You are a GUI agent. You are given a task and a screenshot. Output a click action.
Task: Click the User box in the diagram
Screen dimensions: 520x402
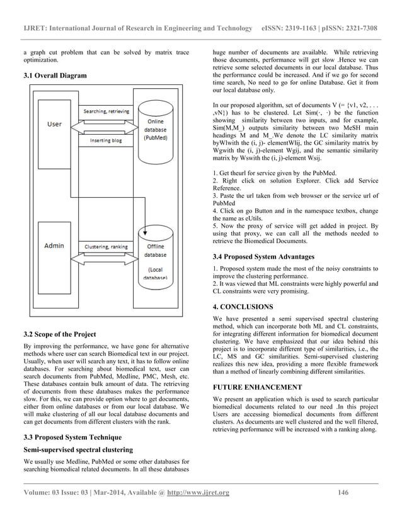pyautogui.click(x=55, y=125)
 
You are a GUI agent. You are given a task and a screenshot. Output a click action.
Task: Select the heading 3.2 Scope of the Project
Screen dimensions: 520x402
pyautogui.click(x=60, y=334)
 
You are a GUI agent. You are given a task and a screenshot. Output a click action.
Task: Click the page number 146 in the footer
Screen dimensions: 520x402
pyautogui.click(x=342, y=492)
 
